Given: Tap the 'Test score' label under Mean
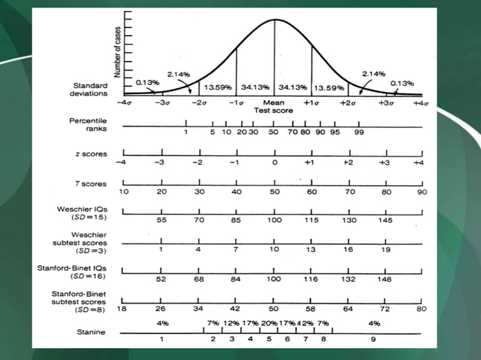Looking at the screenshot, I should (x=274, y=109).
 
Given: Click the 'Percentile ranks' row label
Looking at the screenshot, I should (x=88, y=125).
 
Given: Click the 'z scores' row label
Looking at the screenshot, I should (x=91, y=154).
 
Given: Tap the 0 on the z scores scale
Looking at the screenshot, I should (x=274, y=163).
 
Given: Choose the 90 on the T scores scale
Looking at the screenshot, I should (x=423, y=193).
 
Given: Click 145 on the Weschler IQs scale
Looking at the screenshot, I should (x=386, y=221).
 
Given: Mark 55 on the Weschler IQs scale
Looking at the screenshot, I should (x=161, y=221).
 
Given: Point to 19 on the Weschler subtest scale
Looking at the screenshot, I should (x=386, y=249).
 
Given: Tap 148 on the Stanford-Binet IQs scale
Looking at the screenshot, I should (x=386, y=279).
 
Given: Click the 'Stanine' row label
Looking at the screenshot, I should (x=90, y=331).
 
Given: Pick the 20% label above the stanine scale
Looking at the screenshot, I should (x=269, y=323).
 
